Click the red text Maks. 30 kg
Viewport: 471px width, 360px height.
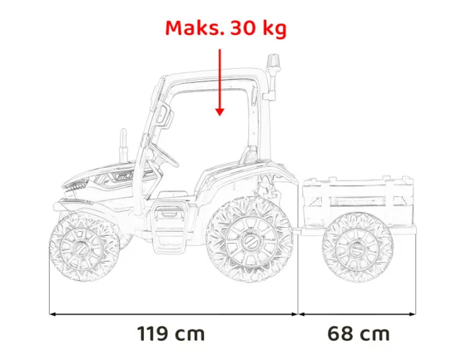coord(225,29)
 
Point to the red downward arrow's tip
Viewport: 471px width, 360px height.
coord(219,114)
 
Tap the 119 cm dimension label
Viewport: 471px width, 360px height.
coord(171,334)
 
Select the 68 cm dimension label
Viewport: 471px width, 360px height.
coord(359,334)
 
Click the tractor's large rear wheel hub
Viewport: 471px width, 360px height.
coord(249,240)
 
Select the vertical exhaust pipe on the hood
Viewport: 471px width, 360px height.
coord(122,143)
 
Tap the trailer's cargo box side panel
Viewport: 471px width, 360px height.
coord(357,196)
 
